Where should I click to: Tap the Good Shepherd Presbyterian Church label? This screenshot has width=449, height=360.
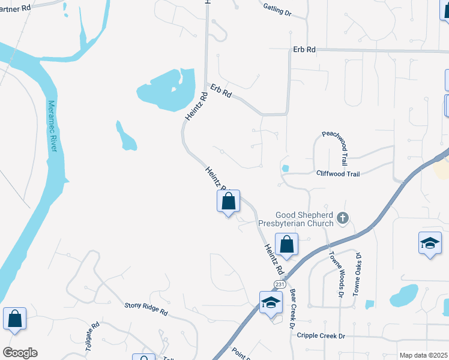coord(304,220)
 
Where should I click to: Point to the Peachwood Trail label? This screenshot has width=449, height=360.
coord(335,148)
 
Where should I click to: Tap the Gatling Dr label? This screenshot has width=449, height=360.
coord(277,10)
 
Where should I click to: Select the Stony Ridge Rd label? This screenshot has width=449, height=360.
coord(146,309)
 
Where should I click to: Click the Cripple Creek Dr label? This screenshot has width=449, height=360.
coord(321,335)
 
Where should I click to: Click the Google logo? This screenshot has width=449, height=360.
coord(20,353)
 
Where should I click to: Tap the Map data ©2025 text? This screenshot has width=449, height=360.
coord(423,355)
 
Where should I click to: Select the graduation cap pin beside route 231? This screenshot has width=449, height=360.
coord(271,302)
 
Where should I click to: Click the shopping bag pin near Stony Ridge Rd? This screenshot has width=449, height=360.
coord(14,319)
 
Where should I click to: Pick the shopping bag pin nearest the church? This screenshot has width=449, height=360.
coord(287,245)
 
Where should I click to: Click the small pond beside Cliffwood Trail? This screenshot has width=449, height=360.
coord(285,169)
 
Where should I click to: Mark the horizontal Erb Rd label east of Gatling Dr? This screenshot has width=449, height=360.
coord(304,50)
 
